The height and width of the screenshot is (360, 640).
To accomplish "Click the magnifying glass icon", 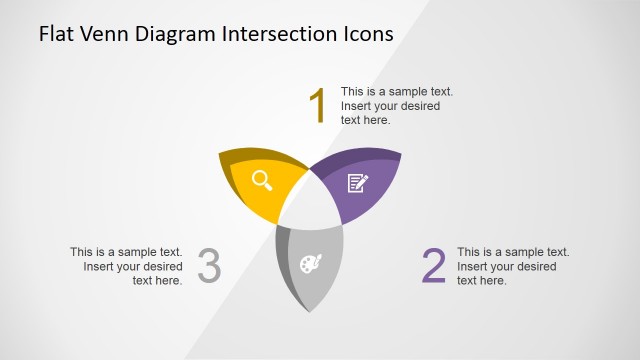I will pos(262,180).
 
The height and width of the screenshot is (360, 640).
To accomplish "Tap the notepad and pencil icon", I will pos(357,182).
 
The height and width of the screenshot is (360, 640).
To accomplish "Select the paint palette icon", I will pos(311,264).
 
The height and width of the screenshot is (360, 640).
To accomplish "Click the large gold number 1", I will pos(318,106).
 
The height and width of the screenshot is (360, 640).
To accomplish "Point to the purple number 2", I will pos(433,267).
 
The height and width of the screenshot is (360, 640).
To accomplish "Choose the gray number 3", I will pos(209,267).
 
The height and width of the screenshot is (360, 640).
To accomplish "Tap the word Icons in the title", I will pos(366,34).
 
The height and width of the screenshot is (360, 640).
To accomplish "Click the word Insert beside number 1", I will pos(357,106).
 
